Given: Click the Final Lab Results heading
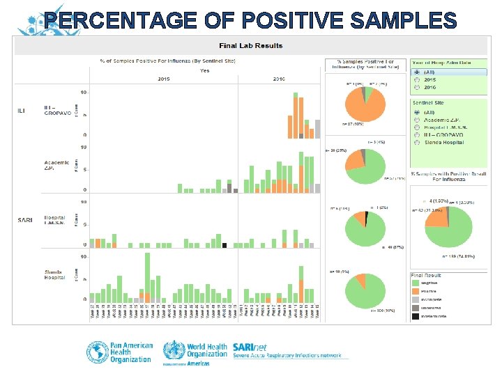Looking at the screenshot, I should [251, 46].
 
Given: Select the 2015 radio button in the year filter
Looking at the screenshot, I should [416, 79].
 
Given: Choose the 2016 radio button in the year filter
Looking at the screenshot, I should [416, 87].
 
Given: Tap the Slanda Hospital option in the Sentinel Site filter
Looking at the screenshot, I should [416, 142].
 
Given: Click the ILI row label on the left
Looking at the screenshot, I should [21, 111].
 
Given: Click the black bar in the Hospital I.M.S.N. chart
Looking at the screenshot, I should [224, 244].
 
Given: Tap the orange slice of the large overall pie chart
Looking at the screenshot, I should [436, 218].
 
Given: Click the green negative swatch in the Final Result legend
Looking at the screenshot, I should [416, 283].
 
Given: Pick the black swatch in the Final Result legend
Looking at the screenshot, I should [416, 314].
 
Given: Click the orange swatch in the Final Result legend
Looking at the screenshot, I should [416, 290].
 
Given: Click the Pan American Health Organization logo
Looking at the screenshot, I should [119, 351].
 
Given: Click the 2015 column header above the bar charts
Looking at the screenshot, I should [163, 79].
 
